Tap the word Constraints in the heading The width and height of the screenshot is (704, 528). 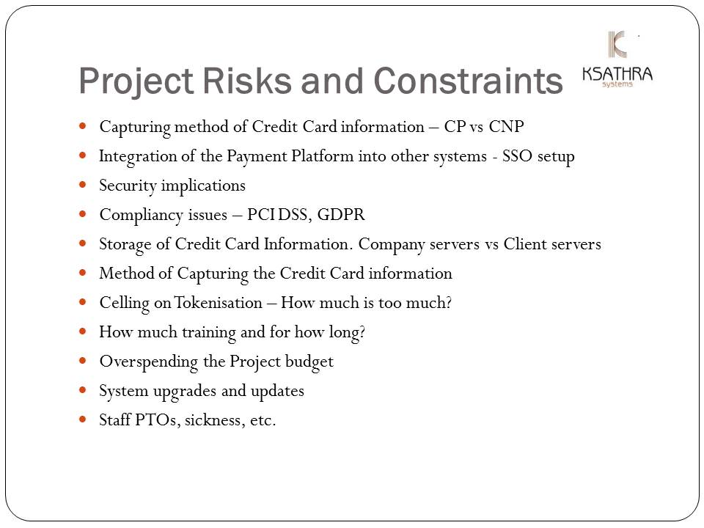click(x=468, y=81)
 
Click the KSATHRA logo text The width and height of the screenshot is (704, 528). click(x=617, y=73)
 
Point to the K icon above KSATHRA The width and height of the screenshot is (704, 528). click(x=617, y=44)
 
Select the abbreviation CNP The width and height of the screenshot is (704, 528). click(x=506, y=126)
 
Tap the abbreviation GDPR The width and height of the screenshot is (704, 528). click(x=341, y=214)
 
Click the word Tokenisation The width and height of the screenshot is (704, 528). click(x=219, y=303)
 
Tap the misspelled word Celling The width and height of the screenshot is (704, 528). click(x=125, y=304)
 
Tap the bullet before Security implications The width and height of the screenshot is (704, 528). click(x=82, y=185)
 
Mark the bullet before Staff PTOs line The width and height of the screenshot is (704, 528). click(x=82, y=419)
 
